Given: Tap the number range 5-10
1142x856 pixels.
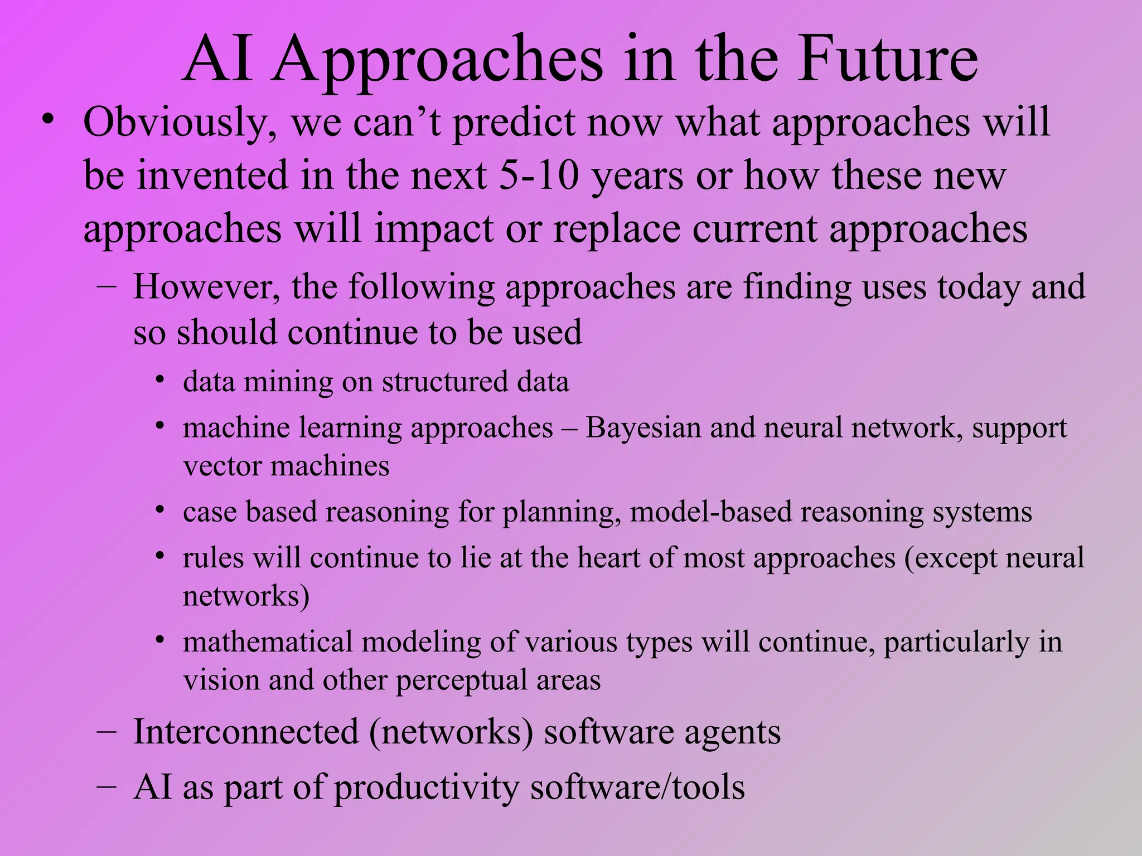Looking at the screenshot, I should tap(539, 175).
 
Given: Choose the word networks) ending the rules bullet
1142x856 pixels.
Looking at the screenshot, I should tap(246, 596).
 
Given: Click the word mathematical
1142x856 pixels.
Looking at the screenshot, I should tap(268, 642).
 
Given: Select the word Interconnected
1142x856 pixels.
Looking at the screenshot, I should tap(246, 732).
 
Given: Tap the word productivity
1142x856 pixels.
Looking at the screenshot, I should tap(427, 788).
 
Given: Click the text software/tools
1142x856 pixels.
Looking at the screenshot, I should tap(637, 787).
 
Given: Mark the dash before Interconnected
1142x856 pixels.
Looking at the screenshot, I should tap(106, 732).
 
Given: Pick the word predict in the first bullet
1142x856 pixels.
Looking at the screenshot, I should tap(513, 123).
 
